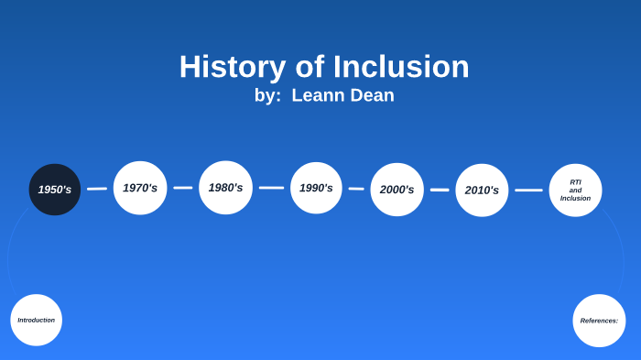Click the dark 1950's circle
click(x=55, y=190)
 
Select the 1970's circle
click(x=140, y=188)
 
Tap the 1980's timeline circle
click(x=225, y=188)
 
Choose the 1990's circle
click(x=316, y=188)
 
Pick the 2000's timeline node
click(x=397, y=190)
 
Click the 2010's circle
click(x=482, y=191)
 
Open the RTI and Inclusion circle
click(x=575, y=191)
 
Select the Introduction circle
click(x=37, y=320)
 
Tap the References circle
click(x=599, y=321)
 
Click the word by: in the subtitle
click(x=267, y=95)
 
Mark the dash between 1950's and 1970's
click(x=97, y=189)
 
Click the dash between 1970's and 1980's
click(x=183, y=188)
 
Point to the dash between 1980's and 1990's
click(x=271, y=188)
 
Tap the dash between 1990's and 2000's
click(x=356, y=189)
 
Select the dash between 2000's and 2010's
click(x=440, y=190)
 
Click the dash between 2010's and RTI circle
click(x=528, y=191)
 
